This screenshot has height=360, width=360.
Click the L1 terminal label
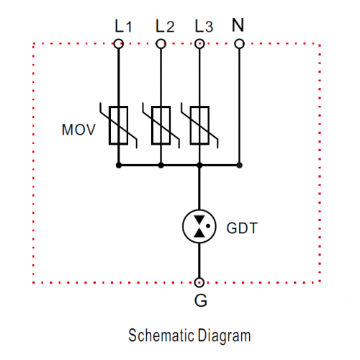tap(123, 26)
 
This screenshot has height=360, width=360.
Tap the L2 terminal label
tap(165, 26)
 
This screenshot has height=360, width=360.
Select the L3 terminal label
tap(204, 26)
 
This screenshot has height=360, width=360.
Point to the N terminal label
tap(238, 24)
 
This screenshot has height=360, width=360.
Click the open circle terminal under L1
tap(119, 44)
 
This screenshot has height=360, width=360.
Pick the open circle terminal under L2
tap(161, 44)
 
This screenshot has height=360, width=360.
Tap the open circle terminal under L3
tap(199, 44)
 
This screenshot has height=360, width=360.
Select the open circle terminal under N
tap(239, 44)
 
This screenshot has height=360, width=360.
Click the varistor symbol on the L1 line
tap(118, 125)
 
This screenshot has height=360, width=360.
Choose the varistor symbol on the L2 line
tap(161, 125)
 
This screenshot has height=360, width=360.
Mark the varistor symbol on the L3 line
tap(199, 125)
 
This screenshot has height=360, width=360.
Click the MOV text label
tap(78, 130)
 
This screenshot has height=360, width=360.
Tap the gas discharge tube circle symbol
tap(199, 226)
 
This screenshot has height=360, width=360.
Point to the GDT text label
tap(242, 228)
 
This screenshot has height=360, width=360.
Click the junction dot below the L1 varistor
tap(119, 165)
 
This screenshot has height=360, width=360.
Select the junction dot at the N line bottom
tap(239, 165)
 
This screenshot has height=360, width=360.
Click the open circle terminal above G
tap(199, 282)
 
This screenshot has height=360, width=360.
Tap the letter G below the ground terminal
tap(201, 300)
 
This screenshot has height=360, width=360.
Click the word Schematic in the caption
tap(161, 335)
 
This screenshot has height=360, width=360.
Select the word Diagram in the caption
tap(225, 336)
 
